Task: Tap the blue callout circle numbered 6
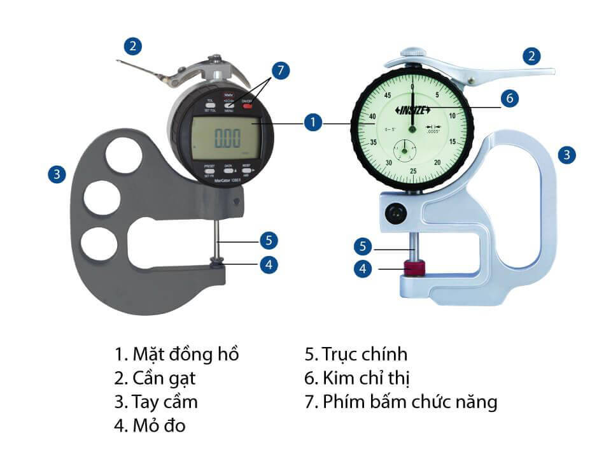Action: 509,98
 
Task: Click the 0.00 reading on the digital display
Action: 227,137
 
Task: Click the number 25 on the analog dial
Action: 413,171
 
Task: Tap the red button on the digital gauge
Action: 248,106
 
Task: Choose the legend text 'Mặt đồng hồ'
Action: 177,354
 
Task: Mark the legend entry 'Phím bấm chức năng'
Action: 400,402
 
